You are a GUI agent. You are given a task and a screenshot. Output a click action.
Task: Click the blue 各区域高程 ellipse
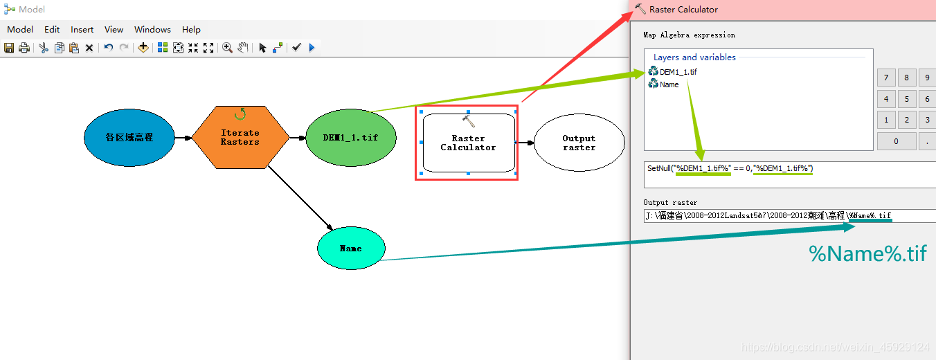129,137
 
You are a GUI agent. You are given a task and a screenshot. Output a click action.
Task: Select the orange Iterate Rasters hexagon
240,137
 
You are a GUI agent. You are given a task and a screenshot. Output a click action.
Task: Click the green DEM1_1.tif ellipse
350,137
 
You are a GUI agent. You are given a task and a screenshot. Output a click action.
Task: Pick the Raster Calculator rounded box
468,143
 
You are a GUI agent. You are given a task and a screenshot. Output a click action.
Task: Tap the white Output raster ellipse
579,143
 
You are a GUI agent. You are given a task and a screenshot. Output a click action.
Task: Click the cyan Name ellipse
350,248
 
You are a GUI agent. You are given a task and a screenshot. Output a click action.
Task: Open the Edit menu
52,30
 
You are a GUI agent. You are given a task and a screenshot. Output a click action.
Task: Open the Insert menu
82,30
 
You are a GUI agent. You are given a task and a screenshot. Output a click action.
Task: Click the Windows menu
152,30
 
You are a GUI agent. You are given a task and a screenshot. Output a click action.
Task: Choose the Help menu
191,30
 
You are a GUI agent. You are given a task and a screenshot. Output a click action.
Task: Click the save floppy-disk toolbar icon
9,48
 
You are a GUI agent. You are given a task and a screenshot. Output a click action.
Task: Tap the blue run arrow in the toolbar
312,48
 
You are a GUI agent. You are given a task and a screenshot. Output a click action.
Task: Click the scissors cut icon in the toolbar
43,48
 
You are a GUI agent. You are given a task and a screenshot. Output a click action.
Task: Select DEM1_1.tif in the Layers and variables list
677,72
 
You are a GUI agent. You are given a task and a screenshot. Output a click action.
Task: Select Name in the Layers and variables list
669,84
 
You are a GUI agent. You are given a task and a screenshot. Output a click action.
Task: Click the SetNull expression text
730,168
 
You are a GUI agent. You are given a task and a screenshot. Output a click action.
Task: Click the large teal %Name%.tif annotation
867,253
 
